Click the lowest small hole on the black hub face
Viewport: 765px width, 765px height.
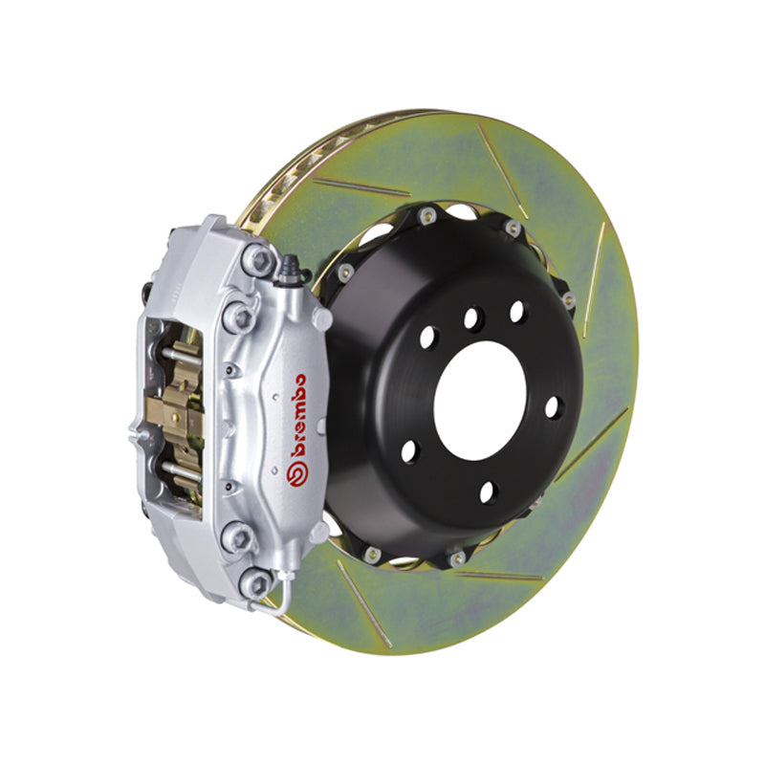point(490,492)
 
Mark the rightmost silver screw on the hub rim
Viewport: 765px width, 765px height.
point(570,300)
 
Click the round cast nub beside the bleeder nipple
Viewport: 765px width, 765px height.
point(321,318)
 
